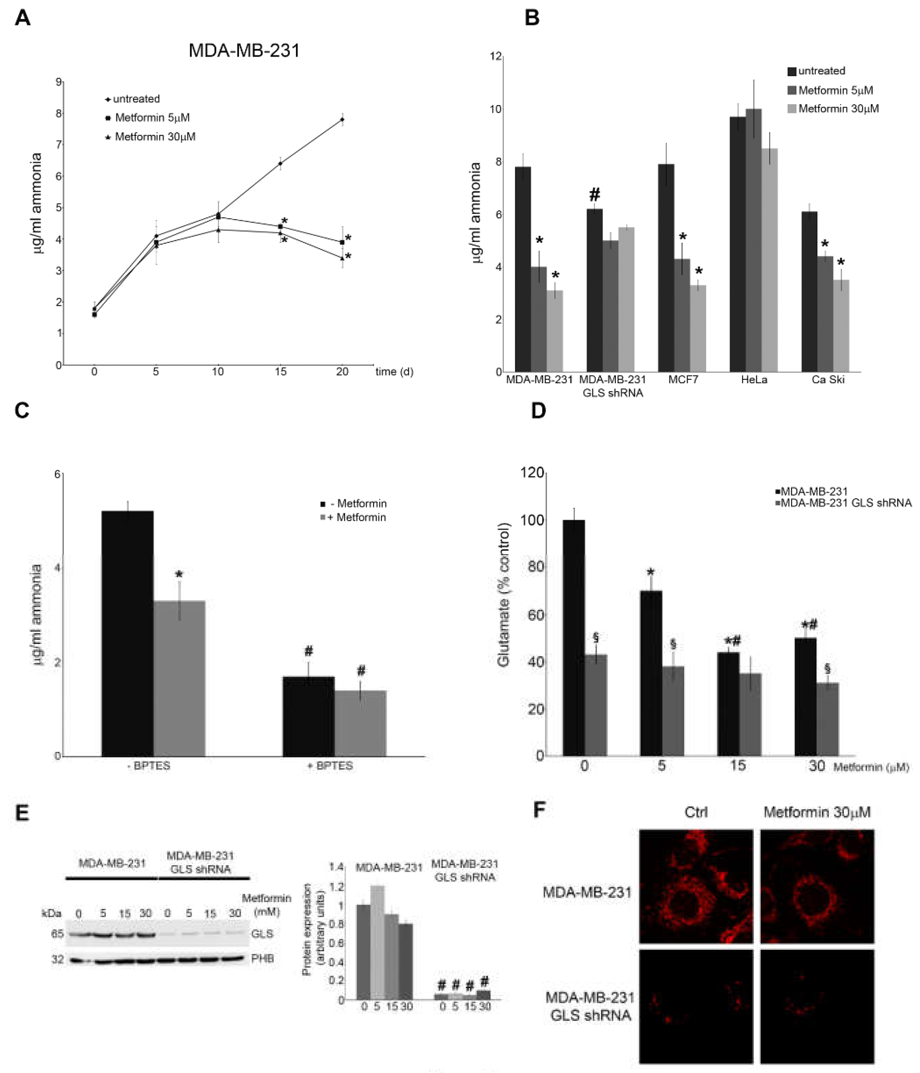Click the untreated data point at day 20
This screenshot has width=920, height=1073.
[342, 120]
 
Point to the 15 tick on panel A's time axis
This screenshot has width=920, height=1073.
[280, 371]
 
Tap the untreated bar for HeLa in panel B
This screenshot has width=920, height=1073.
[737, 243]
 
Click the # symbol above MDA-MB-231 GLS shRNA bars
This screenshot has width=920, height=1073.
[595, 195]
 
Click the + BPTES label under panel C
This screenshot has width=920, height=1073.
[330, 766]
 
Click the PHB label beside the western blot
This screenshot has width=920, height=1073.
[262, 959]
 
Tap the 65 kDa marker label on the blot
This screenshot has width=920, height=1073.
[57, 934]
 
